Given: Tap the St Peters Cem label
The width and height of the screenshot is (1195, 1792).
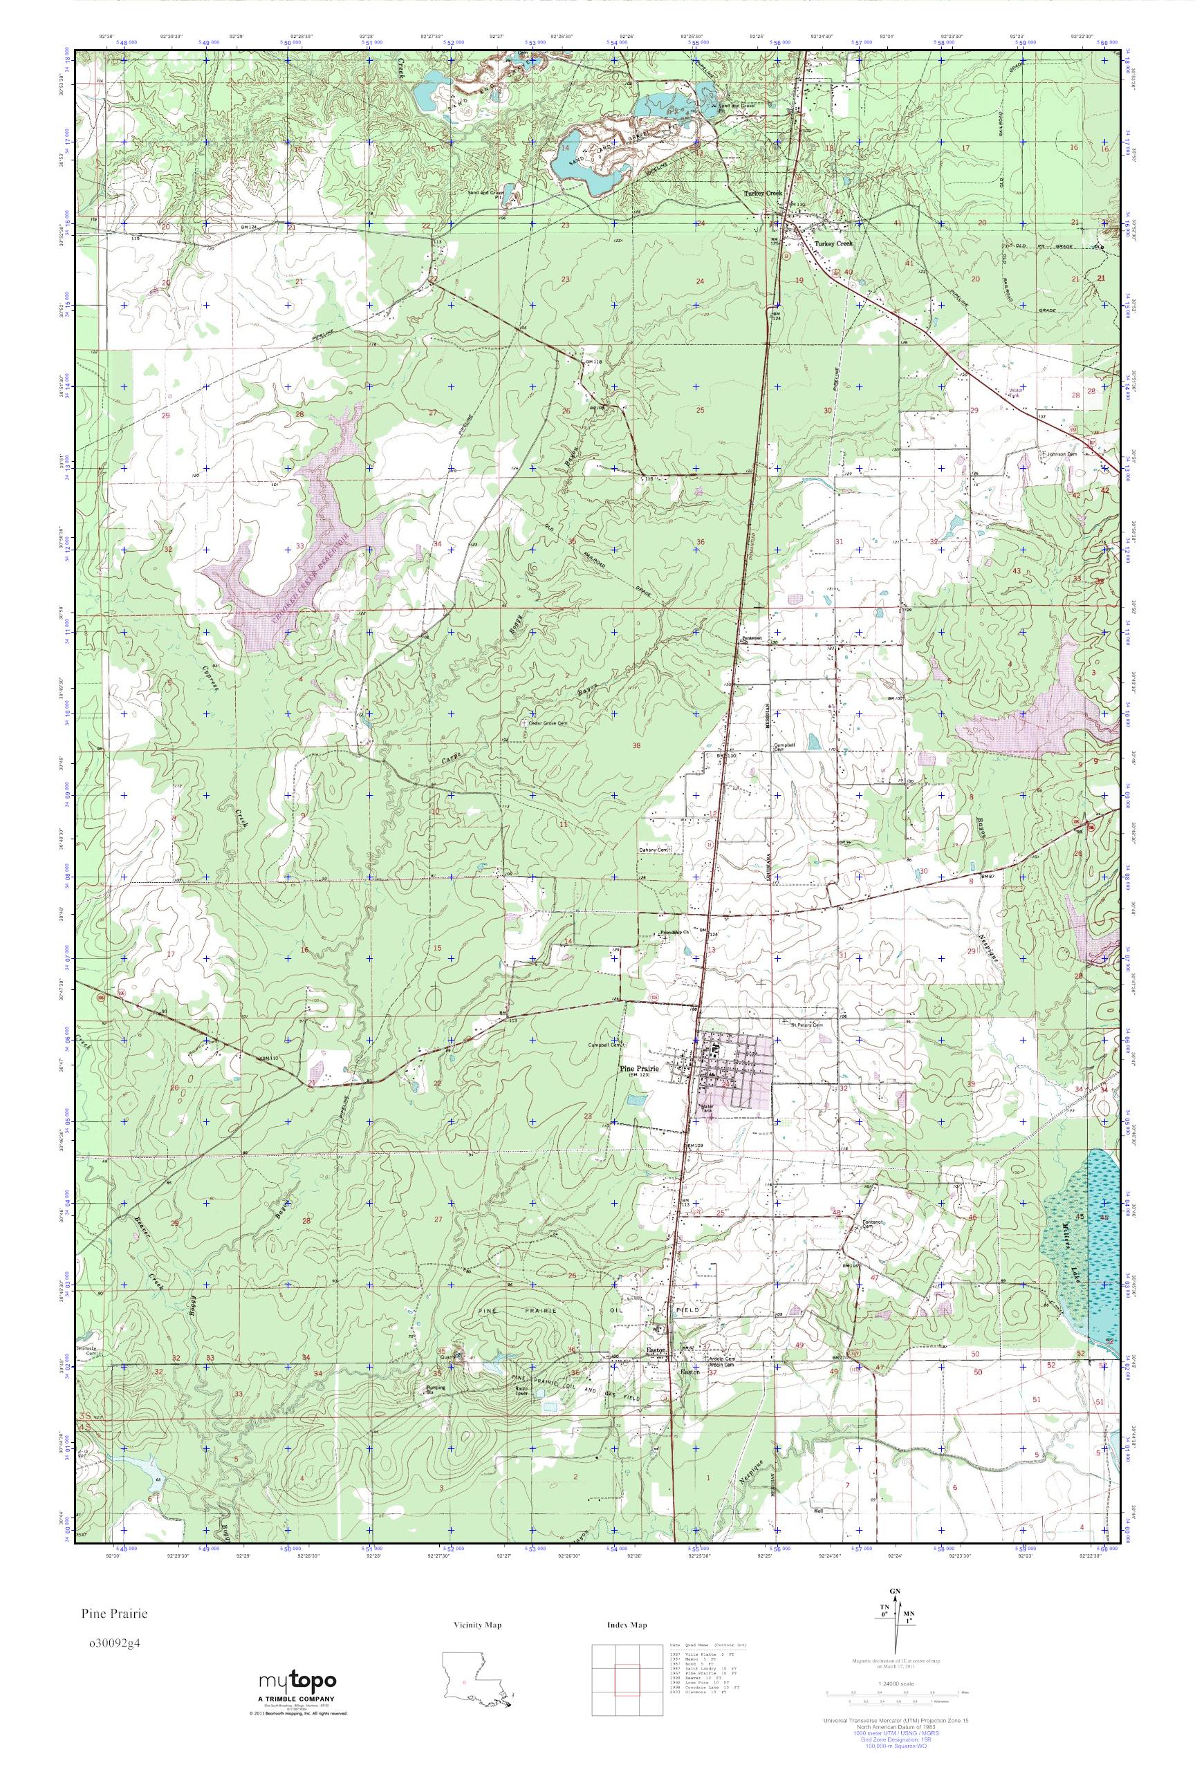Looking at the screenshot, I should pyautogui.click(x=807, y=1025).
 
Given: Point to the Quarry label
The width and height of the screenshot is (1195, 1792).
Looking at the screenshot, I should pyautogui.click(x=447, y=1356).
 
